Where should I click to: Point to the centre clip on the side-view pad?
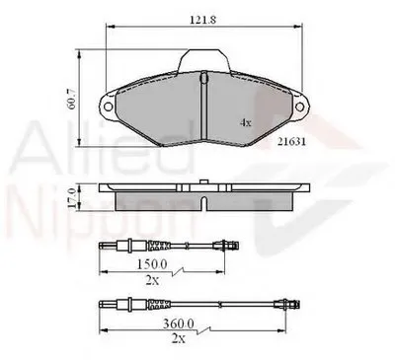tap(200, 183)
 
